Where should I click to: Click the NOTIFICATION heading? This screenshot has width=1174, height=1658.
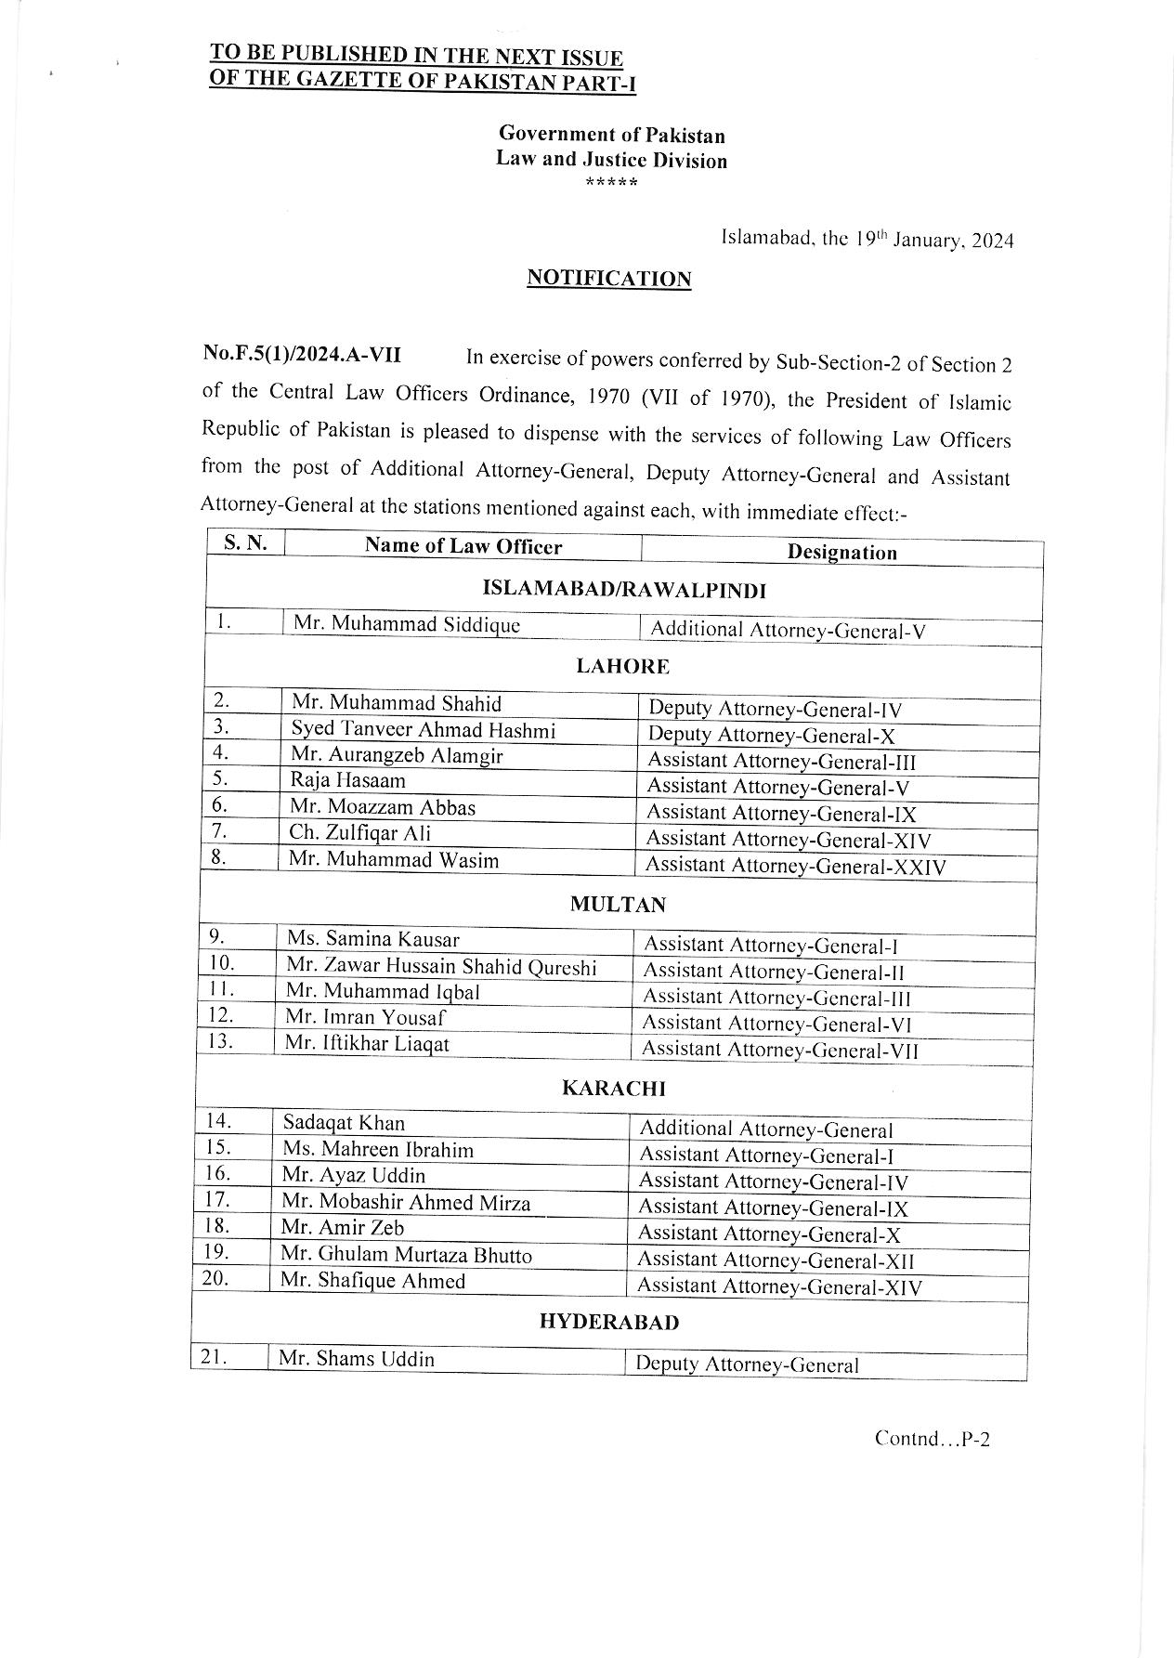point(608,279)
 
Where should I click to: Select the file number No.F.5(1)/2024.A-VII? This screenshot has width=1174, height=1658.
point(302,355)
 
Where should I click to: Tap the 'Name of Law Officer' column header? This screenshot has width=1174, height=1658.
point(463,546)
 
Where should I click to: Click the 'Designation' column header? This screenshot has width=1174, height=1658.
point(841,553)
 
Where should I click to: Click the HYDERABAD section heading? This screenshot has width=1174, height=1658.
point(608,1322)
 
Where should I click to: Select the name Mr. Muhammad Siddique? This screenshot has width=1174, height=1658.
point(406,624)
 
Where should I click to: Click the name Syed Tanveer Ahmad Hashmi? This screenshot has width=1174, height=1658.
point(423,731)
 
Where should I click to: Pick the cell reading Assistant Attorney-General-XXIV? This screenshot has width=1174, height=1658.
point(796,867)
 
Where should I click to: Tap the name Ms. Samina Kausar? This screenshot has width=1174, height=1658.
point(372,939)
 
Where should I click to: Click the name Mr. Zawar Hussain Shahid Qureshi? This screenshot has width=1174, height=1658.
point(440,967)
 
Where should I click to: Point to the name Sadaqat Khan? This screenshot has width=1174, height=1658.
point(344,1123)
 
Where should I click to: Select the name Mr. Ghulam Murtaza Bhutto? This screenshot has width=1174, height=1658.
point(406,1255)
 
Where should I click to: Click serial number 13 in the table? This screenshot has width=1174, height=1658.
point(220,1040)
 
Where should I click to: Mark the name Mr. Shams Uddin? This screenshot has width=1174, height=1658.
point(356,1359)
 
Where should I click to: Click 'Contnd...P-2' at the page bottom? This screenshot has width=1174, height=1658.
point(932,1440)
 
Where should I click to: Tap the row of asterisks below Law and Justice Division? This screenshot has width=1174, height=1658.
point(611,182)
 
